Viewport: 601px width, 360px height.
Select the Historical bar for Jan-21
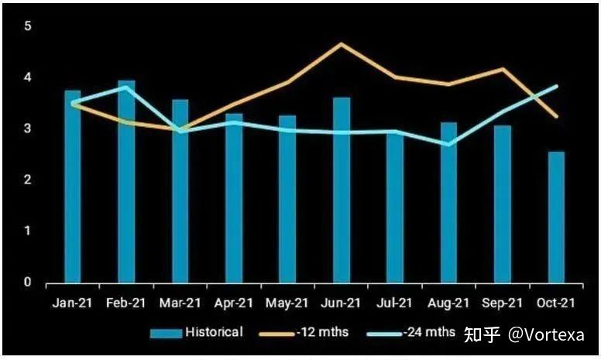point(73,186)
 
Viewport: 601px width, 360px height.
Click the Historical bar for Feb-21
point(126,181)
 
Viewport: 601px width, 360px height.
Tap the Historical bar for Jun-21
point(342,190)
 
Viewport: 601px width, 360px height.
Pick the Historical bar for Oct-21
point(556,217)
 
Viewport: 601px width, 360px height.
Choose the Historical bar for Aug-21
point(448,202)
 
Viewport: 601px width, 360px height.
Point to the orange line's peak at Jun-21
point(341,44)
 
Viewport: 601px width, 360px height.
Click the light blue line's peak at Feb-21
point(127,87)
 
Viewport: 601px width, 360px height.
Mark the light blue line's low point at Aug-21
point(448,144)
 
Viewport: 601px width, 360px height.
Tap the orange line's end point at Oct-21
point(557,117)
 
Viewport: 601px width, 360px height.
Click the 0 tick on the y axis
point(28,283)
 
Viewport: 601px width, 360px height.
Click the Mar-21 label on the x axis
point(180,303)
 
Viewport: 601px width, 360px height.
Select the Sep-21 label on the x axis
point(503,303)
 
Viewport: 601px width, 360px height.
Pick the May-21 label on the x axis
point(287,303)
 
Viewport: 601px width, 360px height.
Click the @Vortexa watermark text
point(547,334)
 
